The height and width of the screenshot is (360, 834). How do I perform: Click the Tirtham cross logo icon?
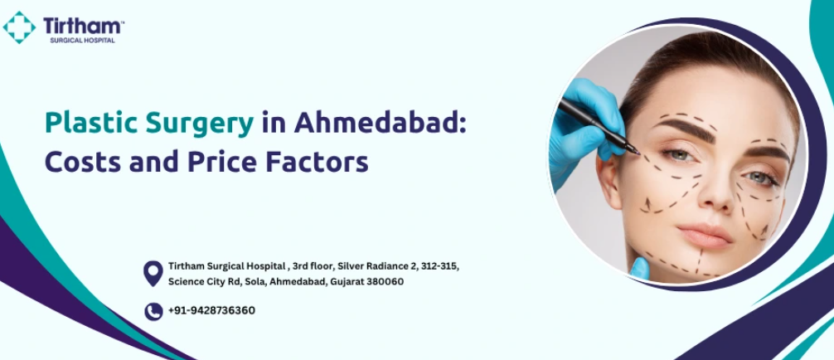(x=19, y=27)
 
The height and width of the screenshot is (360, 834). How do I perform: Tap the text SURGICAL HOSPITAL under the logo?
(x=82, y=41)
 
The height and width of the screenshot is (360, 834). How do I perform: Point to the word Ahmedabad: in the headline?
(x=380, y=124)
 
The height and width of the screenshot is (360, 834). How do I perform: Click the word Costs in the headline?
(x=82, y=162)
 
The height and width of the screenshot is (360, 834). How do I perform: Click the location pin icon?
(x=153, y=273)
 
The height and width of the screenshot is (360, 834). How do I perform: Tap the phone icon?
(x=153, y=312)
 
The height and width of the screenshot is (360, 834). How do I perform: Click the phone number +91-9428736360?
(x=211, y=310)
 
